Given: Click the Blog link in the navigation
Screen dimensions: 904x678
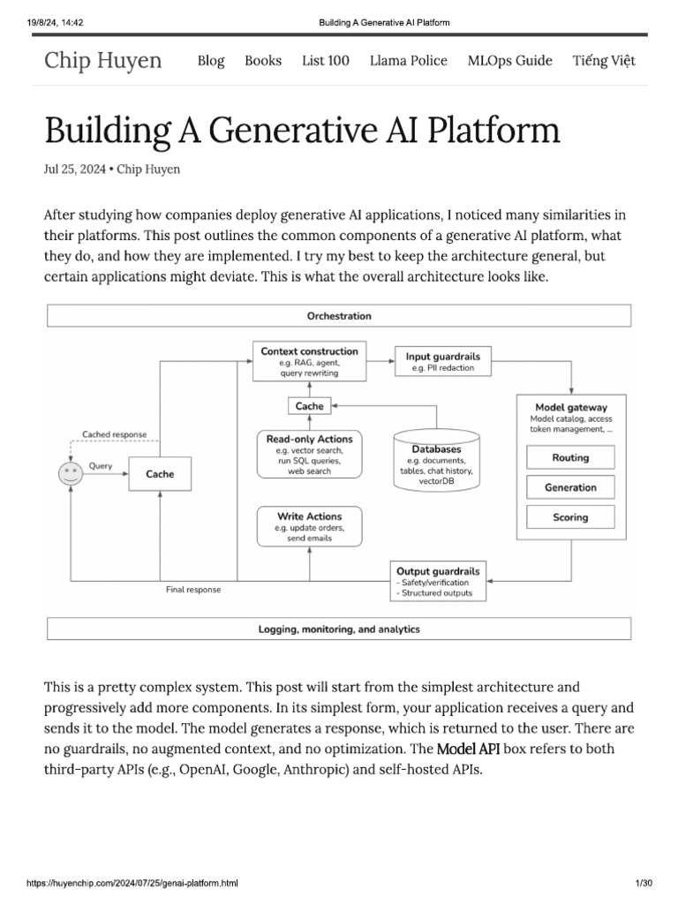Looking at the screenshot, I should (x=211, y=61).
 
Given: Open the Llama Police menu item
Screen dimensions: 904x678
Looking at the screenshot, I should (x=408, y=61).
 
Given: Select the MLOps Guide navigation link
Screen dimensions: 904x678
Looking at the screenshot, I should (x=509, y=61).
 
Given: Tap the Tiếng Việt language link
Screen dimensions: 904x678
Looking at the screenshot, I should (x=604, y=61).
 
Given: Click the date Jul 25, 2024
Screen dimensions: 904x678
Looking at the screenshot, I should (x=75, y=169).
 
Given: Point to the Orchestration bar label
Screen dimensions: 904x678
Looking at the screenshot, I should (x=338, y=315).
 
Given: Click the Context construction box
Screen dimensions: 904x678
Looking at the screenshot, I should (x=309, y=362).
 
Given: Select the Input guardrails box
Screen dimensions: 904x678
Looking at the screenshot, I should (x=442, y=362).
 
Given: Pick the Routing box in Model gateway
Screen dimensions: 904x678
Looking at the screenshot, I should (x=570, y=457).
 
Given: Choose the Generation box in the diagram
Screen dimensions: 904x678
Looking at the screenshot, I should (x=570, y=487).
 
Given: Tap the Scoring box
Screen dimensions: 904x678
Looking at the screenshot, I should (x=570, y=517).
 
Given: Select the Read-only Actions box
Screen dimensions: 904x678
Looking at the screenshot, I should (x=309, y=455).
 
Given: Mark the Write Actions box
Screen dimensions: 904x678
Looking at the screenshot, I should (x=309, y=527).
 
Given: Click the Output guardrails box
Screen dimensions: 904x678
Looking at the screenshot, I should (x=439, y=582).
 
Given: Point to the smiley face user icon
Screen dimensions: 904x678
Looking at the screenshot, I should (x=71, y=474).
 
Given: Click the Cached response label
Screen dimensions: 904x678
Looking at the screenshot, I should (x=115, y=434).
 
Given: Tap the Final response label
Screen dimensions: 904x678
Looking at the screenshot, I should (x=193, y=590).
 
